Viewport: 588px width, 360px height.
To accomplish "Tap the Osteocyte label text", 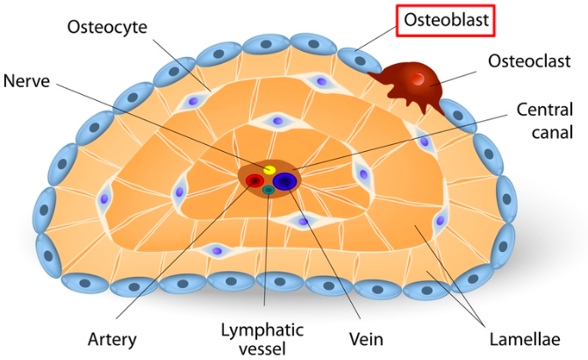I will [107, 26].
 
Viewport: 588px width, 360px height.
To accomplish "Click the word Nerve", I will [26, 81].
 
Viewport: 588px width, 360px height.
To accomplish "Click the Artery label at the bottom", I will [111, 338].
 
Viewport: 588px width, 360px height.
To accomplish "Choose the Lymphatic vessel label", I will [262, 338].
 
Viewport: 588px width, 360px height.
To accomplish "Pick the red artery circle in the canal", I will [255, 182].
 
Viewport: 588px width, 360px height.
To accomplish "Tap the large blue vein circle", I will [284, 181].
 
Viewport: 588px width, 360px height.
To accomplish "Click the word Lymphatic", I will [262, 330].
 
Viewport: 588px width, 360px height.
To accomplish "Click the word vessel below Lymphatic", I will [262, 348].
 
